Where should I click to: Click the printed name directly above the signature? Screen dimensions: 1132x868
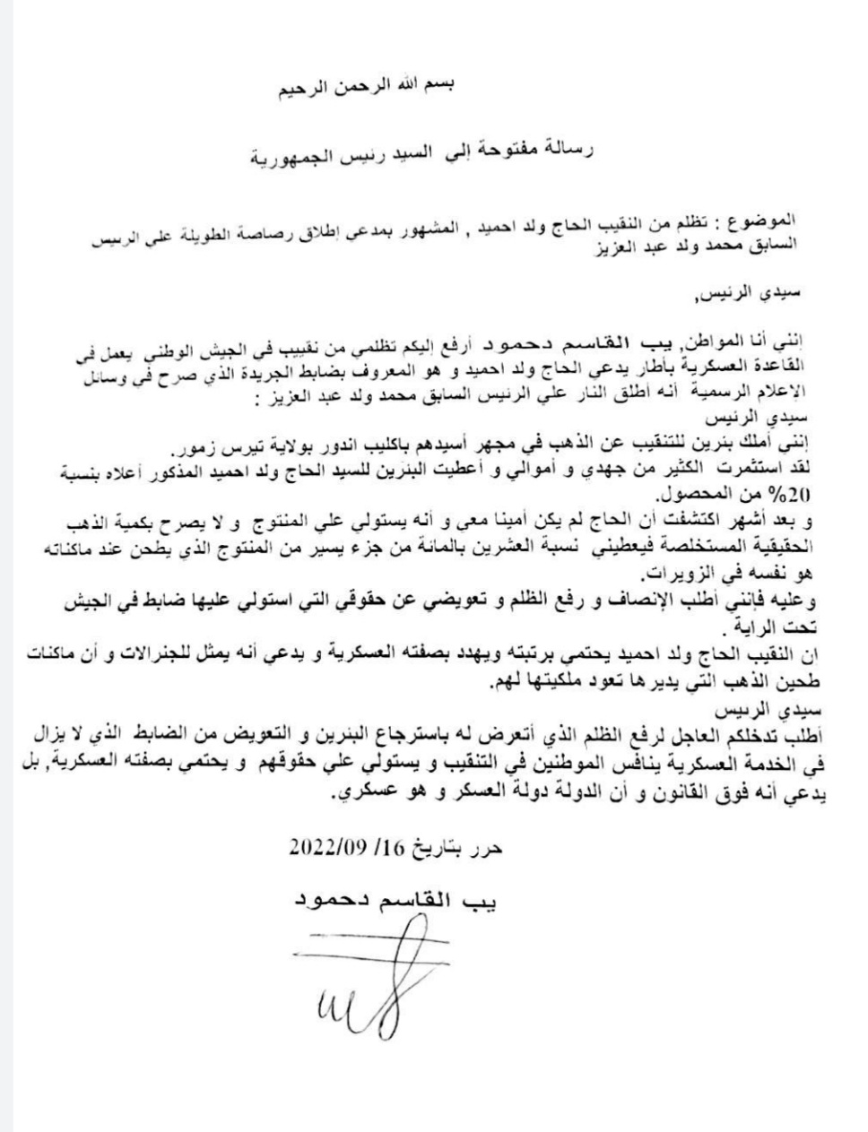[x=386, y=899]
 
